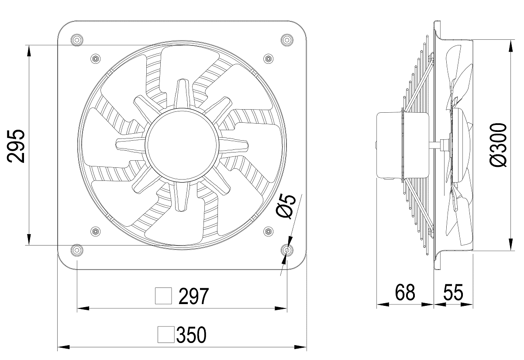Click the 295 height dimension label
pyautogui.click(x=16, y=146)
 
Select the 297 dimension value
pyautogui.click(x=193, y=296)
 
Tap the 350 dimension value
pyautogui.click(x=191, y=335)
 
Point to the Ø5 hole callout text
pyautogui.click(x=286, y=207)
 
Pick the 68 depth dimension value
pyautogui.click(x=405, y=292)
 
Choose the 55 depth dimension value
pyautogui.click(x=453, y=292)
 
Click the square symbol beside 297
pyautogui.click(x=163, y=296)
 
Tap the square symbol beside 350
pyautogui.click(x=166, y=335)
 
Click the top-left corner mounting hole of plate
pyautogui.click(x=77, y=40)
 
